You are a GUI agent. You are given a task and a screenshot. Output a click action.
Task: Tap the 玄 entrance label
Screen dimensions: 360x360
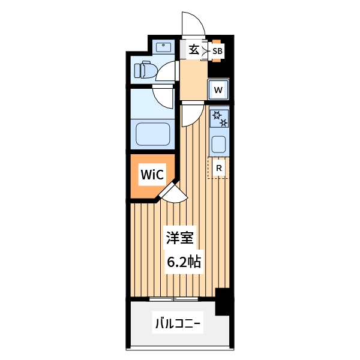pos(194,50)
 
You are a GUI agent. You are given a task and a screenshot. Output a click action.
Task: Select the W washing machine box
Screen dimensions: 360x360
pos(218,91)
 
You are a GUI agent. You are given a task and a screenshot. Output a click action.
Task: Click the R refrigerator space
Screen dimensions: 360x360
pos(219,168)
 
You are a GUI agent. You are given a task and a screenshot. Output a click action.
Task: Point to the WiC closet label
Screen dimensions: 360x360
pos(151,175)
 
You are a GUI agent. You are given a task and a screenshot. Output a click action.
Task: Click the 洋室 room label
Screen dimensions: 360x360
pos(179,238)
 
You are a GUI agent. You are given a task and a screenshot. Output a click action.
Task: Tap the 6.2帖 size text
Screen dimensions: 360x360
pos(182,261)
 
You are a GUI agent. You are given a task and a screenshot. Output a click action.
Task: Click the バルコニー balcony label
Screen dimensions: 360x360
pos(179,325)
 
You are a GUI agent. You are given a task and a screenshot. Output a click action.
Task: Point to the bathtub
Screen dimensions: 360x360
pos(154,134)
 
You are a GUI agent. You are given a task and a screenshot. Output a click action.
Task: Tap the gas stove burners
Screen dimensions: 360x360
pos(218,118)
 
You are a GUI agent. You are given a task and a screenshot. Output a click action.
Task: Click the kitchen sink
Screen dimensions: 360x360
pos(218,144)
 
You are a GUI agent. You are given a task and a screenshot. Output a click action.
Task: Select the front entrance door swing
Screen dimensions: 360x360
pos(194,25)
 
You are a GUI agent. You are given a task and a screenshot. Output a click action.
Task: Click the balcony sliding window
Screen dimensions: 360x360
pos(173,298)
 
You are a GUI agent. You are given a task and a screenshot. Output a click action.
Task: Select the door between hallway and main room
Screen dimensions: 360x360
pos(192,113)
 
